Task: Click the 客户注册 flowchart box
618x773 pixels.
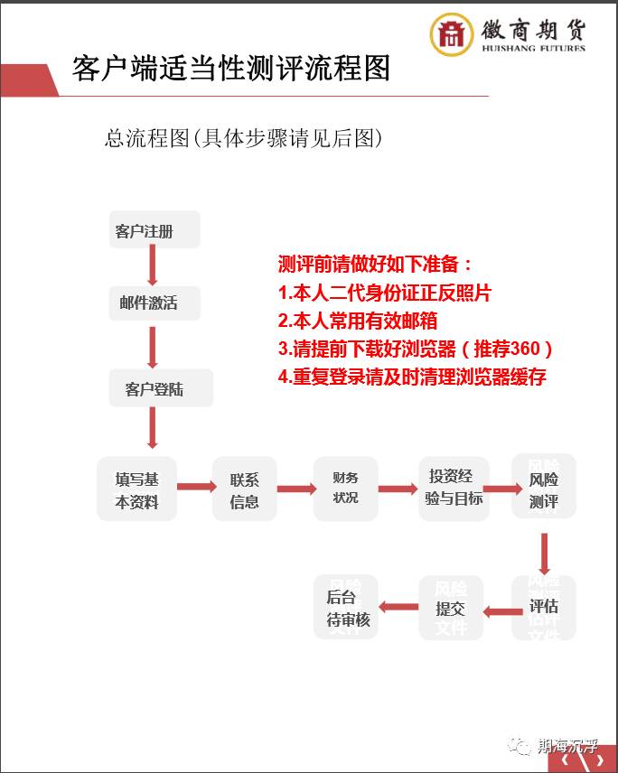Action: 154,231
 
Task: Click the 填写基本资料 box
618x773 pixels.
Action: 136,489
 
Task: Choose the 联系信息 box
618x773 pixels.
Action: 244,489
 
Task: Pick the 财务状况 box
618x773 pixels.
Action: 345,488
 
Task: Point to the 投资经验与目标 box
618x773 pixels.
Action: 454,488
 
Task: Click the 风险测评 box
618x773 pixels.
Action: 543,488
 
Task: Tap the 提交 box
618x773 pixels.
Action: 450,608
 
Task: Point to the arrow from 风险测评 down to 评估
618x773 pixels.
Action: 544,550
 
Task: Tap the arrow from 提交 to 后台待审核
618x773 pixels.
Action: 398,609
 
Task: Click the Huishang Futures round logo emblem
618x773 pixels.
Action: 451,35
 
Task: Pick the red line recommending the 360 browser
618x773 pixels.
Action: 415,349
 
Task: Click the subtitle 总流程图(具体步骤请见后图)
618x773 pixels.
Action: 244,138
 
